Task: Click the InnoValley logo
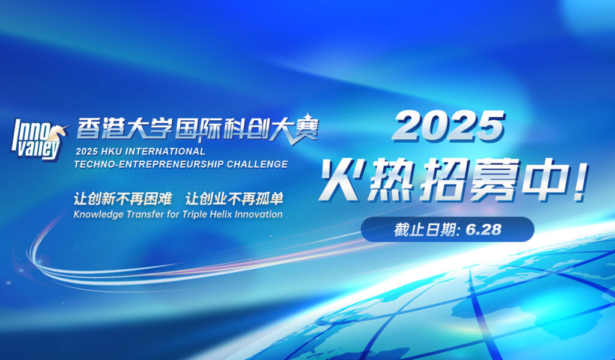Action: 37,138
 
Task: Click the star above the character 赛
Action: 308,117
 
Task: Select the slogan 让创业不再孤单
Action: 234,199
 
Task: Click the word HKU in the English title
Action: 112,151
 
